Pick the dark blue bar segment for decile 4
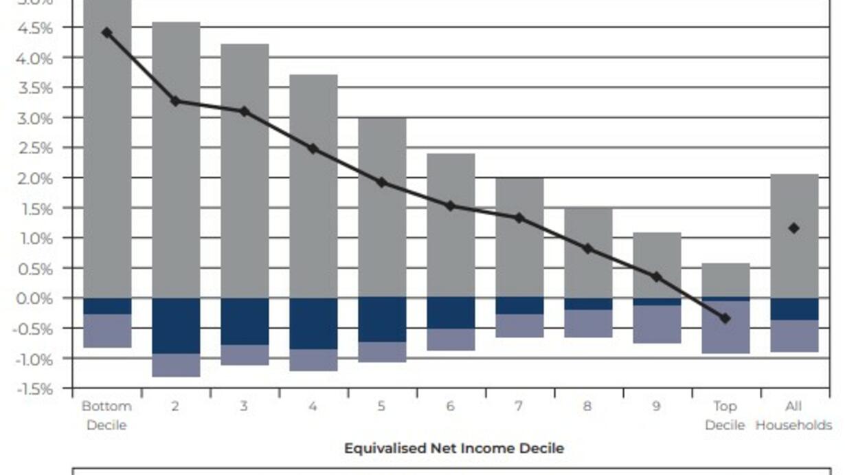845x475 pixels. pos(313,324)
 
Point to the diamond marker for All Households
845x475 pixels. pos(794,228)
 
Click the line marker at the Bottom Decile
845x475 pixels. pos(106,32)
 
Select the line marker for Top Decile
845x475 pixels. pos(725,318)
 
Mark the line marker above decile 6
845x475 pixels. pos(451,206)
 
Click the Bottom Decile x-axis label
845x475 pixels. pos(106,415)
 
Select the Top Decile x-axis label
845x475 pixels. pos(725,415)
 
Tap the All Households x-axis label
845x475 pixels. pos(793,415)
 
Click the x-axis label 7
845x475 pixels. pos(519,406)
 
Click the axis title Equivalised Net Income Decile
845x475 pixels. pos(453,448)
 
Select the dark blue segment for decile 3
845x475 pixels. pos(245,322)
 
